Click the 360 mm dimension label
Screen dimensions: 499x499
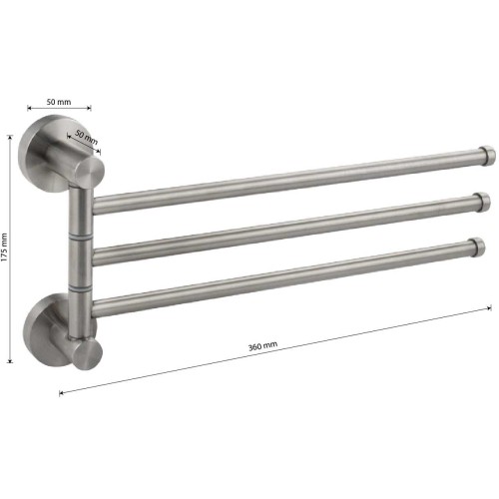pyautogui.click(x=262, y=346)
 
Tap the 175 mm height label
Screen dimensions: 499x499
pyautogui.click(x=4, y=248)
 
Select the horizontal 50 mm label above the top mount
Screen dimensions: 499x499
pyautogui.click(x=59, y=102)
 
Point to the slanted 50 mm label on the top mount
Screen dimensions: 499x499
pyautogui.click(x=87, y=137)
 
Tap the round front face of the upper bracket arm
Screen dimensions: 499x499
pyautogui.click(x=89, y=173)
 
